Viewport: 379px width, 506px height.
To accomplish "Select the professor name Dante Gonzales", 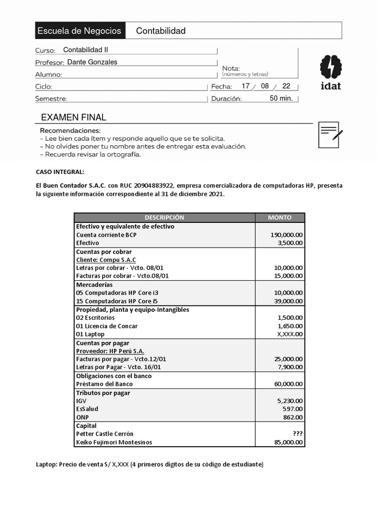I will [92, 62].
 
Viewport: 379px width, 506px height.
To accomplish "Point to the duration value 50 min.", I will [281, 98].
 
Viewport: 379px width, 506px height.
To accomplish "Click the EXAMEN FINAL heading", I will [74, 117].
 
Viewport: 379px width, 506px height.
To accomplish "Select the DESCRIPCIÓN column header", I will [164, 217].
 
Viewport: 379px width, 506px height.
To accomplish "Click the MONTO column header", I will [279, 217].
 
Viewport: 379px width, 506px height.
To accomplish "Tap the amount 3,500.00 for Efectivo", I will [290, 243].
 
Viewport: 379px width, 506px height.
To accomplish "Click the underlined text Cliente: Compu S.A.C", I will [106, 259].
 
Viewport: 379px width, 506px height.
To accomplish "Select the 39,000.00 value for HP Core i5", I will [288, 301].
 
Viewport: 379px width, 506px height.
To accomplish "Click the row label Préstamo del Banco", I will [104, 384].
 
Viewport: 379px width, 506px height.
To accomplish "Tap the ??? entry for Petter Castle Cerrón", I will [298, 434].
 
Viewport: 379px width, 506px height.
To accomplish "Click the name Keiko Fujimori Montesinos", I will [114, 442].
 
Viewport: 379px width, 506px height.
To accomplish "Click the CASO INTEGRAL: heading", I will [60, 172].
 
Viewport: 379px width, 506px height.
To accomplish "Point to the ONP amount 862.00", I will [294, 418].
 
